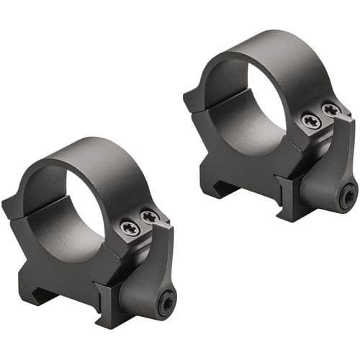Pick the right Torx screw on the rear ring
pyautogui.click(x=330, y=109)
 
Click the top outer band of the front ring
pyautogui.click(x=94, y=155)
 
